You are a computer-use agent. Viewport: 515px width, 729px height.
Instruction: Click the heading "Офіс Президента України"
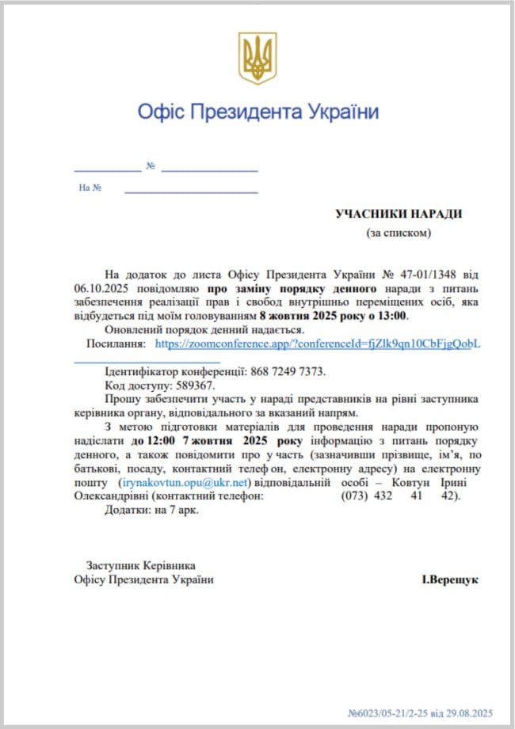pyautogui.click(x=257, y=111)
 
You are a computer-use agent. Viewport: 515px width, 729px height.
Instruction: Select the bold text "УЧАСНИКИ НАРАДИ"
pyautogui.click(x=398, y=214)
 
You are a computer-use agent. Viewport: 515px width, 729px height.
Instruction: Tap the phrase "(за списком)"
pyautogui.click(x=398, y=233)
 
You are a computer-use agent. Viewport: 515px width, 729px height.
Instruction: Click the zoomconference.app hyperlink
pyautogui.click(x=317, y=344)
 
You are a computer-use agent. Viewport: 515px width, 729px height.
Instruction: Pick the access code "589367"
pyautogui.click(x=193, y=385)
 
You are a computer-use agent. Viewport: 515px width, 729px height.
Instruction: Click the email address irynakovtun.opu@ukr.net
pyautogui.click(x=184, y=482)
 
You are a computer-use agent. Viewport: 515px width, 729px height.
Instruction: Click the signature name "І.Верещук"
pyautogui.click(x=449, y=579)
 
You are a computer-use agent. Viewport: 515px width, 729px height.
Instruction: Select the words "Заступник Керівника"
pyautogui.click(x=140, y=565)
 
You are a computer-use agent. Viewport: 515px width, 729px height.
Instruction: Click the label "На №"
pyautogui.click(x=90, y=188)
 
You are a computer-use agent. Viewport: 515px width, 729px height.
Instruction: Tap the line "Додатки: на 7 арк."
pyautogui.click(x=151, y=510)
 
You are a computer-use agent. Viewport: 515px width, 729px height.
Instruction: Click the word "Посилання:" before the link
pyautogui.click(x=116, y=344)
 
